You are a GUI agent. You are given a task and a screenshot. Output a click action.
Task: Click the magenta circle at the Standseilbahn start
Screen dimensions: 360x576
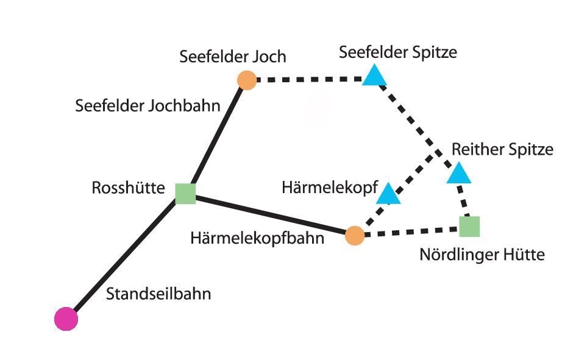pos(66,319)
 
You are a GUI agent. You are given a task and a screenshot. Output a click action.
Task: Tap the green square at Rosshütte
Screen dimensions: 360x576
pos(185,193)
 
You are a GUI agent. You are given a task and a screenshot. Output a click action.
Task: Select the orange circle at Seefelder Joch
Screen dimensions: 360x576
pos(246,80)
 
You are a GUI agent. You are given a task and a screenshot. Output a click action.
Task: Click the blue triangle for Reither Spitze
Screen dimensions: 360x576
pos(459,174)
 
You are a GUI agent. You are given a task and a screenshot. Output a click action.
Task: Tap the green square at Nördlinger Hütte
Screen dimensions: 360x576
pos(469,226)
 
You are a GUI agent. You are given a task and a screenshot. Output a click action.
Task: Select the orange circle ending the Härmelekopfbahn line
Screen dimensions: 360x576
pos(355,235)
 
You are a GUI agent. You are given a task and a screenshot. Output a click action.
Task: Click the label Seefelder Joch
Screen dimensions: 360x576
pos(233,57)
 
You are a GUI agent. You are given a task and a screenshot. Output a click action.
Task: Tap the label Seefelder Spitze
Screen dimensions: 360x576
pos(398,52)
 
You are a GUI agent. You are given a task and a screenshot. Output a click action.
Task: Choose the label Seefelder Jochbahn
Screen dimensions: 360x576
pos(148,105)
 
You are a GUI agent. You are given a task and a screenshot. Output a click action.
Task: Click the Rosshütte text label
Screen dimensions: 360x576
pos(128,188)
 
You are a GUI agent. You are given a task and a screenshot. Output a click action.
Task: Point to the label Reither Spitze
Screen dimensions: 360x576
pos(502,149)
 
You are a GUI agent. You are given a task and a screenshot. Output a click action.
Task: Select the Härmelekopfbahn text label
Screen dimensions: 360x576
pos(257,238)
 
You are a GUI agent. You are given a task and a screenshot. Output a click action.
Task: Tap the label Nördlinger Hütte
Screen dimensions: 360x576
pos(482,254)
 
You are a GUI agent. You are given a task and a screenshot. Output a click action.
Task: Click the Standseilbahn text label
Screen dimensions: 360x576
pos(158,294)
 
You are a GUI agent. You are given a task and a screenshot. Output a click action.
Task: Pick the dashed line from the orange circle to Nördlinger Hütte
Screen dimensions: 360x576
pos(412,231)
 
